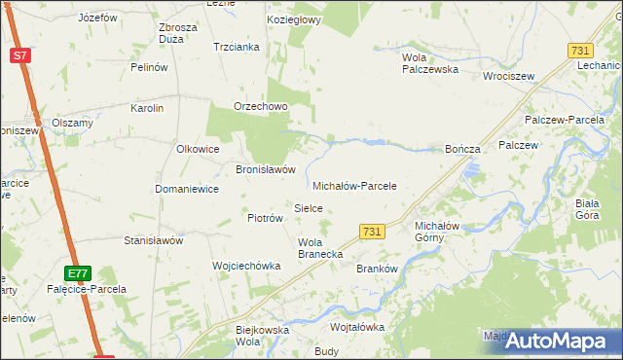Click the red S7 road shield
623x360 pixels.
[20, 55]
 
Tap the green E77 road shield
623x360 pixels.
[79, 273]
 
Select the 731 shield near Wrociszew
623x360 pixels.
[580, 50]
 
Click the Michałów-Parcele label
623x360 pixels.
[354, 185]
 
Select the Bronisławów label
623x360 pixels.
[266, 168]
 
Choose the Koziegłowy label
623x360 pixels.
[295, 19]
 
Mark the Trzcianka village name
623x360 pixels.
[236, 47]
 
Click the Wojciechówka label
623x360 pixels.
[246, 265]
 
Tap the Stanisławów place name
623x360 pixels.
[154, 239]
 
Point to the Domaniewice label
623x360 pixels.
[187, 189]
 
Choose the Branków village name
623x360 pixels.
[379, 269]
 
